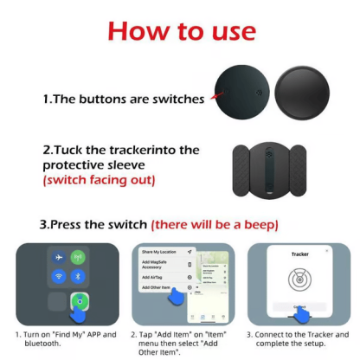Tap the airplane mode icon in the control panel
click(58, 258)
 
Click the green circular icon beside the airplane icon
click(77, 258)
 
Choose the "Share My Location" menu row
click(161, 252)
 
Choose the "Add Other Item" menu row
click(159, 287)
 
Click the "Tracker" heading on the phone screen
click(299, 254)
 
